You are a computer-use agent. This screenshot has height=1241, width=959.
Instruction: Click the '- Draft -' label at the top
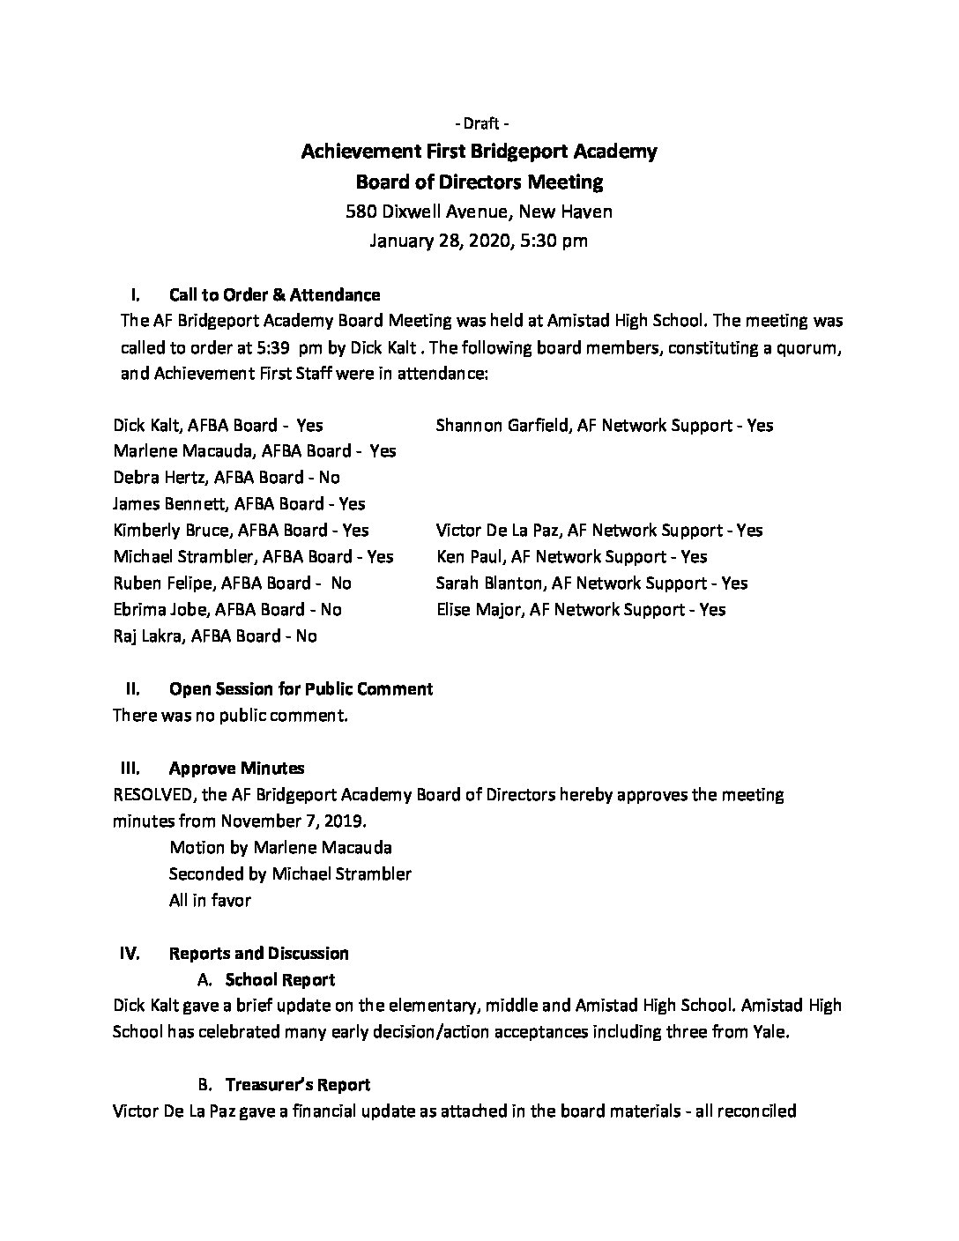tap(479, 123)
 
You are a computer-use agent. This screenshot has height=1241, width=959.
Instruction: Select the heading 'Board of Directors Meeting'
tap(479, 182)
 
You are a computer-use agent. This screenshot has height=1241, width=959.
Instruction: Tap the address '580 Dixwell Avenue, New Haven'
tap(479, 212)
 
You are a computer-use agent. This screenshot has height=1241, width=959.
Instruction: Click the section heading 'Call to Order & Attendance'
tap(275, 294)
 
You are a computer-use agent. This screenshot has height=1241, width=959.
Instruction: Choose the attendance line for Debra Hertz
tap(227, 477)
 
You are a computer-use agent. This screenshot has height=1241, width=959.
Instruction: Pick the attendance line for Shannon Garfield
tap(604, 425)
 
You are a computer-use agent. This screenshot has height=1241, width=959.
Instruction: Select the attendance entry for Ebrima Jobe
tap(227, 609)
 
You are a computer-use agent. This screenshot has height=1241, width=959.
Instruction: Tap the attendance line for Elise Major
tap(581, 609)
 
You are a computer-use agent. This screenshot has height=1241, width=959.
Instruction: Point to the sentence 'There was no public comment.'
tap(231, 715)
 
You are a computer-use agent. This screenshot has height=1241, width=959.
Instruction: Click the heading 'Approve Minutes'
tap(237, 768)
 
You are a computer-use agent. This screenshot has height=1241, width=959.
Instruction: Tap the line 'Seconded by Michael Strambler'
tap(290, 873)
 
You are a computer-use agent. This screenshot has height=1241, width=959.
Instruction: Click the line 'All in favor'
tap(210, 900)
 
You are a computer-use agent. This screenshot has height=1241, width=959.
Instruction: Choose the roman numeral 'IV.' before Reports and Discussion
tap(129, 953)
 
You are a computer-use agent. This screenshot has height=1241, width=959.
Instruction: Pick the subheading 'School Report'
tap(280, 979)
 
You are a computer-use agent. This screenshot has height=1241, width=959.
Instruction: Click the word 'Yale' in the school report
tap(769, 1031)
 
